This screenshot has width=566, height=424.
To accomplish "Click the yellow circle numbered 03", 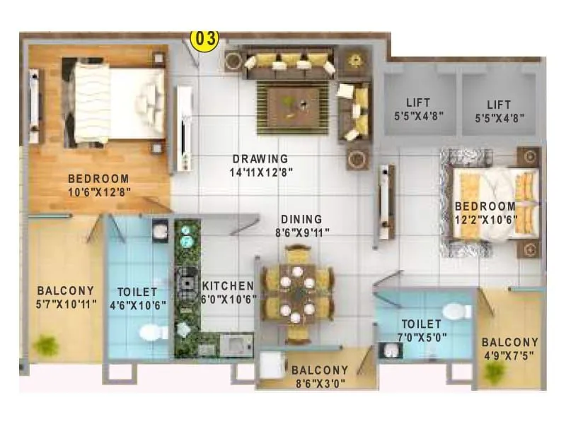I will point(205,38).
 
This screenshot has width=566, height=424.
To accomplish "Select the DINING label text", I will point(301,219).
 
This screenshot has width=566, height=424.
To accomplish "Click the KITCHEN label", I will point(228,285).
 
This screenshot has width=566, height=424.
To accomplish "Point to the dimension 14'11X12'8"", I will point(261,171).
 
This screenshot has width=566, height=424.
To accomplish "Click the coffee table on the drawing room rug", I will point(292,106).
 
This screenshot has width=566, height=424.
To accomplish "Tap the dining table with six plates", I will point(297,293).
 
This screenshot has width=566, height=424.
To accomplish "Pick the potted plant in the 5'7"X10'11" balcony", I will point(46,346).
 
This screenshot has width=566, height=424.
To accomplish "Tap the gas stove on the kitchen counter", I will point(187,281).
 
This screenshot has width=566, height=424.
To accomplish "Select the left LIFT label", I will point(418,102).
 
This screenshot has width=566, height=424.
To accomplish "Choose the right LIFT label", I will point(497,102).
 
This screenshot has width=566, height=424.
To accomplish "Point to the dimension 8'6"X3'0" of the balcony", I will point(320,383).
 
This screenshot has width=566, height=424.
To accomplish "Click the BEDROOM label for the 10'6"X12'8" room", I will point(98,179).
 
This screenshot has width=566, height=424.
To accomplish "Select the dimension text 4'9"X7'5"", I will point(510,355).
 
